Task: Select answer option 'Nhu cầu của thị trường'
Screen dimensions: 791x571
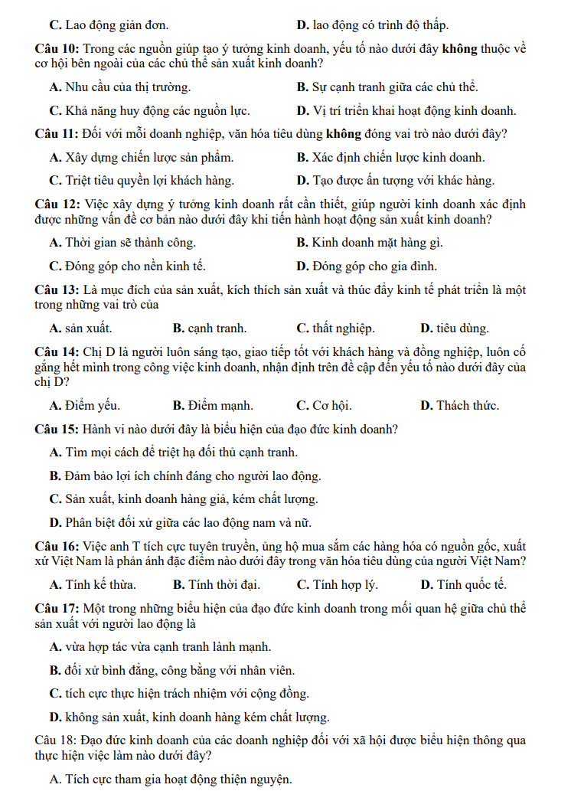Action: click(120, 87)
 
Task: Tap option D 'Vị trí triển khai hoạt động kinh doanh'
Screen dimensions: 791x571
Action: click(406, 110)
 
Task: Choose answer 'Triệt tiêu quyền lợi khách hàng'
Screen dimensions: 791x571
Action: click(142, 181)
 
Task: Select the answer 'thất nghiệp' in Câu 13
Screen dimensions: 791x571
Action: click(336, 328)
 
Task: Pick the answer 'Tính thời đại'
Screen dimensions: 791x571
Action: click(217, 585)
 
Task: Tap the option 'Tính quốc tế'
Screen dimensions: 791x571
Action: click(464, 585)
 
